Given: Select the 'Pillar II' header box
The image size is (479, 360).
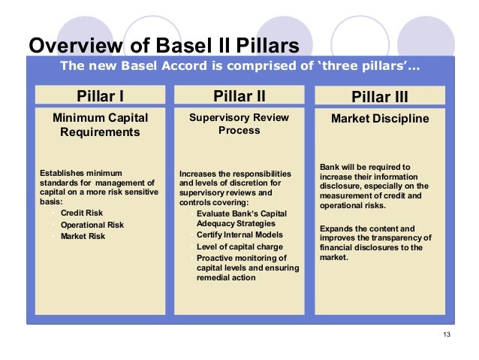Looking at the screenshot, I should click(239, 95).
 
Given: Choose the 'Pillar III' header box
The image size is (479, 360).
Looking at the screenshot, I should click(380, 96).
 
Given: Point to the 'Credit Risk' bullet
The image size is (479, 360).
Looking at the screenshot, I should click(82, 213).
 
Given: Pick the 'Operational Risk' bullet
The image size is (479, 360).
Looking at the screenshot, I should click(92, 225).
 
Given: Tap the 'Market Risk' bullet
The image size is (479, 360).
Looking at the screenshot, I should click(83, 236).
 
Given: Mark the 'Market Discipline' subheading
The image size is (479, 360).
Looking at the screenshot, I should click(380, 119).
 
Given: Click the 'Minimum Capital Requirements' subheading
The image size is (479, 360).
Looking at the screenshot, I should click(100, 125).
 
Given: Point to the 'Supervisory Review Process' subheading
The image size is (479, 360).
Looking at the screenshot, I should click(239, 124).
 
